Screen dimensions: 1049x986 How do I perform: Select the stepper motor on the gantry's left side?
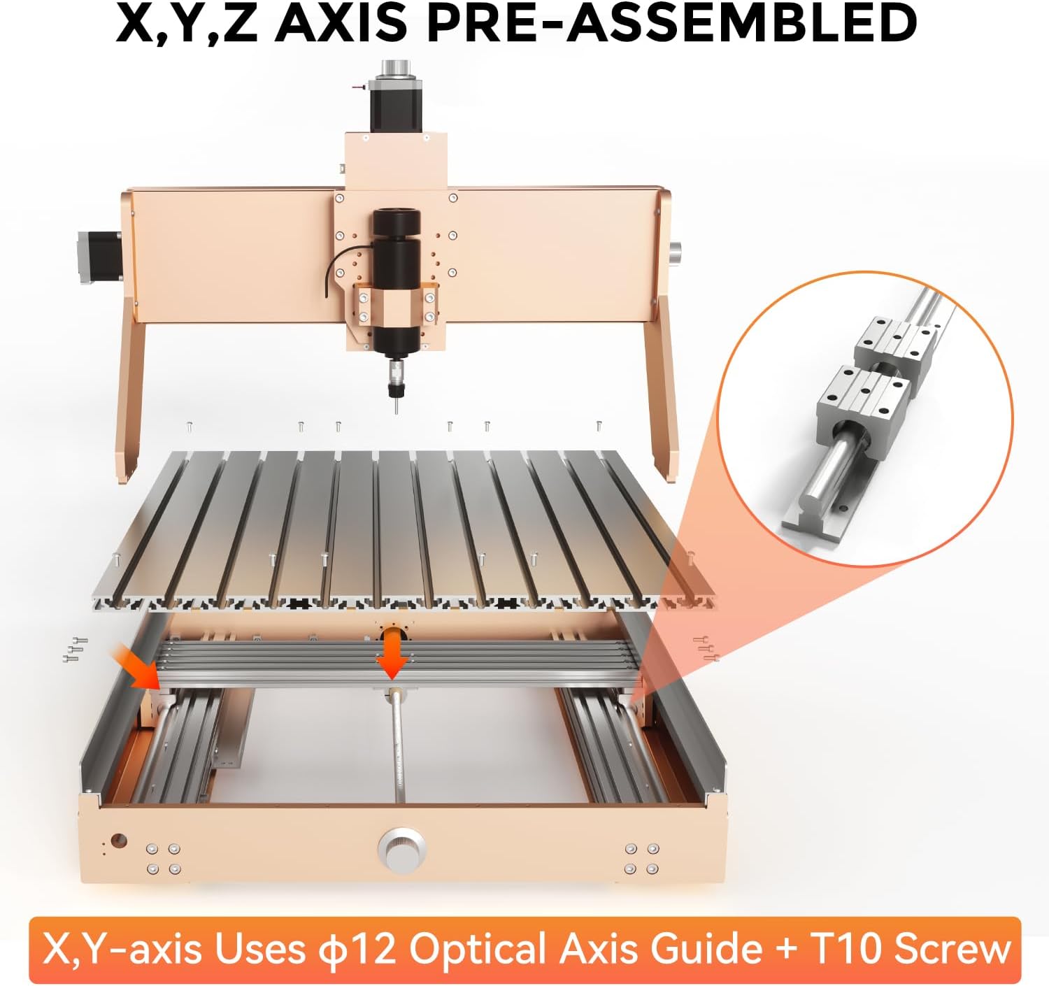101,257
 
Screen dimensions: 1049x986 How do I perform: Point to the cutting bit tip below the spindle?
396,411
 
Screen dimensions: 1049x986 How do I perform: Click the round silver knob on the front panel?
401,849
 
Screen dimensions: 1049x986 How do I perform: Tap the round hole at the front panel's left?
118,840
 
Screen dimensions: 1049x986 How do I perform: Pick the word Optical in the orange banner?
479,948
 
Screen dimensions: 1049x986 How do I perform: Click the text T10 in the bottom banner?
846,948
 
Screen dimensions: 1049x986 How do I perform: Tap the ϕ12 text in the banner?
364,948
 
